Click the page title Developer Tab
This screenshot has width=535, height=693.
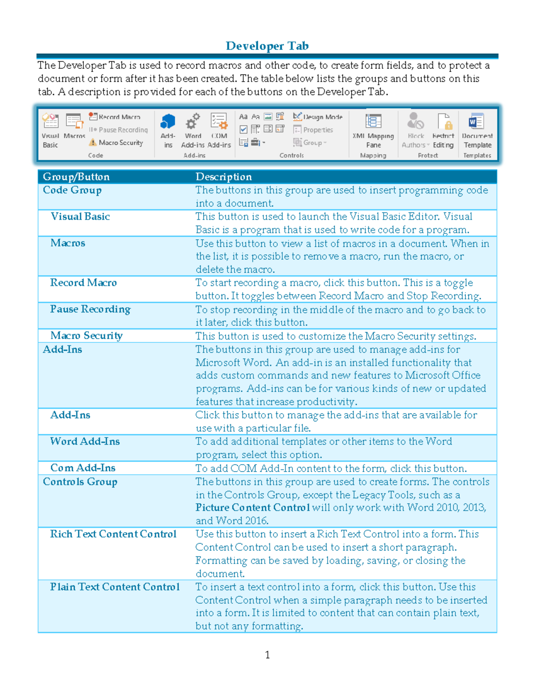267,46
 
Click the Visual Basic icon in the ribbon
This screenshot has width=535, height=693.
50,122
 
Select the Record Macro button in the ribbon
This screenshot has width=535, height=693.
115,117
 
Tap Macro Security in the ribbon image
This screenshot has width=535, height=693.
116,143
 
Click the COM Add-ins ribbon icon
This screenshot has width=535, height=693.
219,122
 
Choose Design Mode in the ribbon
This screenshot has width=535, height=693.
318,117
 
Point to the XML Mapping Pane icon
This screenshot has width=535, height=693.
373,122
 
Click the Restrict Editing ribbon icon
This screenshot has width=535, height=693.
444,122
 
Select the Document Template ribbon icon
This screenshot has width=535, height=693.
477,122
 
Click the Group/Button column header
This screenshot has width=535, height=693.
76,177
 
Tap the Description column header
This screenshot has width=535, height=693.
223,177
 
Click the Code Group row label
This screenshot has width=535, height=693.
72,190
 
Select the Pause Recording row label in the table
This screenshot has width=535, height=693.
90,309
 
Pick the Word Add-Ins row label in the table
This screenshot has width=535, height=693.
85,441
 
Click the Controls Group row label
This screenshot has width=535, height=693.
80,482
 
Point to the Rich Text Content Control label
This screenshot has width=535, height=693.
113,534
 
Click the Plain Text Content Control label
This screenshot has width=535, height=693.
115,587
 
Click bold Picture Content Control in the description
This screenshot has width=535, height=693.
252,508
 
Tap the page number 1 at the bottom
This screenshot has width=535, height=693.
267,655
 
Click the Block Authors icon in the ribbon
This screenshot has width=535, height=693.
415,122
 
